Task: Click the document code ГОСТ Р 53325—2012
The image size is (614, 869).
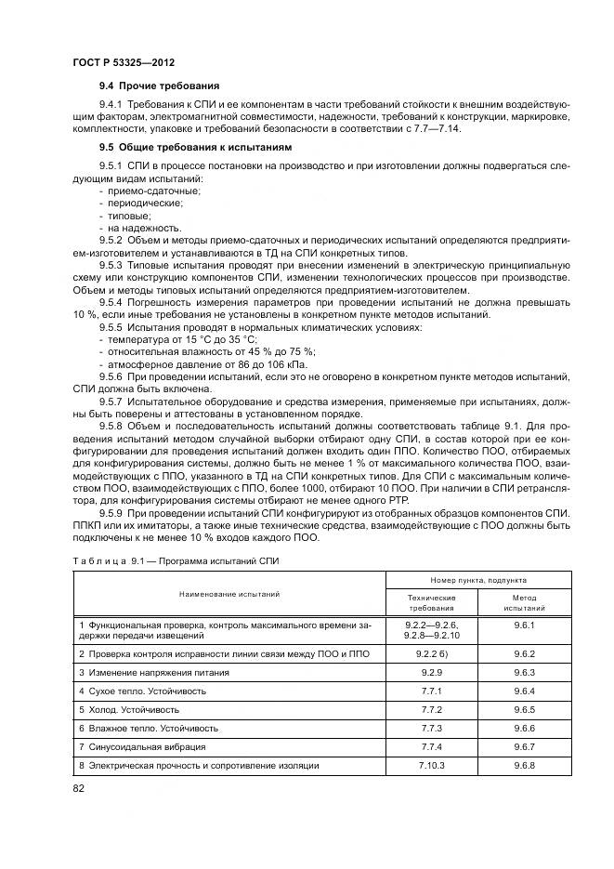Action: [124, 61]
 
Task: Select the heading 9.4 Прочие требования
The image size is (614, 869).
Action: [152, 86]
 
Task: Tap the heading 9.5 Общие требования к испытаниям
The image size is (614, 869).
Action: [195, 147]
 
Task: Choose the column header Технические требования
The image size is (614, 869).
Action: [431, 601]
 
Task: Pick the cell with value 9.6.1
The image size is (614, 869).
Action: [524, 625]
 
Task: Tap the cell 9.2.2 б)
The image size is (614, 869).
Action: [431, 654]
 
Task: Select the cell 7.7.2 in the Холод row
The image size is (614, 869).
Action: [431, 709]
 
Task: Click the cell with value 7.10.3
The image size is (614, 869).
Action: [431, 765]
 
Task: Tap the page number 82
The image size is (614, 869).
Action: [78, 788]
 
